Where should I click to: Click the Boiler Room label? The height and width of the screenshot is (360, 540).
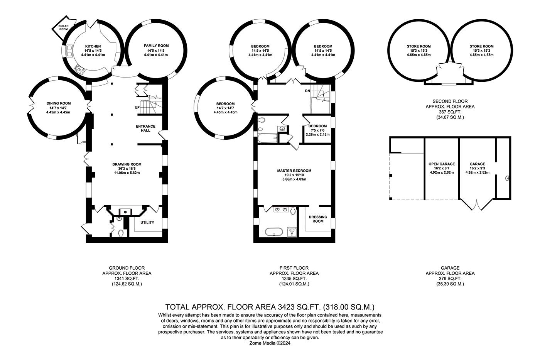tap(63, 27)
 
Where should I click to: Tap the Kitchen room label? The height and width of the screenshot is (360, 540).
tap(93, 46)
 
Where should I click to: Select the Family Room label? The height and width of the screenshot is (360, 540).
tap(156, 46)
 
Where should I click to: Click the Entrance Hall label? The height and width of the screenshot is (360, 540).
tap(145, 128)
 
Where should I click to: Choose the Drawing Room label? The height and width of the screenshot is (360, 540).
tap(127, 164)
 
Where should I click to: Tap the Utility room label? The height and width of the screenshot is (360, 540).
tap(147, 223)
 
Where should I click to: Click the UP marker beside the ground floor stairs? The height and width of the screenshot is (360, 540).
tap(137, 108)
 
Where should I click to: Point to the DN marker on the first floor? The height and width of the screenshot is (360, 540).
tap(307, 91)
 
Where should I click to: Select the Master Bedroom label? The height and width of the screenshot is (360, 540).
tap(294, 171)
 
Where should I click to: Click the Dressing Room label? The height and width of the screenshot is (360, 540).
tap(318, 219)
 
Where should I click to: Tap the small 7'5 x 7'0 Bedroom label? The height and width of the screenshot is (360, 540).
tap(317, 126)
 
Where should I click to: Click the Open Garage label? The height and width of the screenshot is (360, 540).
tap(442, 164)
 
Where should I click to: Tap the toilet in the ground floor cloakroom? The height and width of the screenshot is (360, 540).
tap(121, 233)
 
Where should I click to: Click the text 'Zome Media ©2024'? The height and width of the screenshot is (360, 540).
tap(270, 342)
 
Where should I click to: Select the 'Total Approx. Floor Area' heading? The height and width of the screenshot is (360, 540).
tap(270, 307)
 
